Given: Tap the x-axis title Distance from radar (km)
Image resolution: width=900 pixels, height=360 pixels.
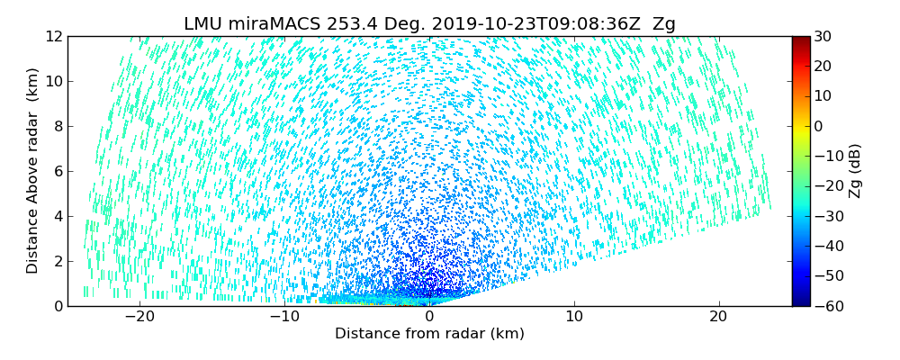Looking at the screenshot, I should tap(429, 334).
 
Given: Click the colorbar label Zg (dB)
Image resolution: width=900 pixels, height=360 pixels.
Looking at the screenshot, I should tap(855, 171).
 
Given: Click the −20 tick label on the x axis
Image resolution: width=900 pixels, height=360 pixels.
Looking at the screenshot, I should tap(139, 318).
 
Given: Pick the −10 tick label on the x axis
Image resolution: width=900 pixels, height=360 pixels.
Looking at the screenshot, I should tap(284, 318).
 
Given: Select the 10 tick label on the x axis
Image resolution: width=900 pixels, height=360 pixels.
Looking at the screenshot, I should tap(574, 318).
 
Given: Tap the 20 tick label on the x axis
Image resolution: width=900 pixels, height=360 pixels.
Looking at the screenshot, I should tap(718, 318).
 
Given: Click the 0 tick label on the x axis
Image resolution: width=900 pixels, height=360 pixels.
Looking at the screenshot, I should tap(429, 318).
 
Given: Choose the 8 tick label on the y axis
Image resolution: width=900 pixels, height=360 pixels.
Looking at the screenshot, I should tap(56, 127).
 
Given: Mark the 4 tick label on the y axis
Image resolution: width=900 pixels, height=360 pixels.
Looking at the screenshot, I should tap(56, 217).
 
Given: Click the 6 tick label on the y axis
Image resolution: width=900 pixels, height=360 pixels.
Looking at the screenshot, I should tap(56, 172).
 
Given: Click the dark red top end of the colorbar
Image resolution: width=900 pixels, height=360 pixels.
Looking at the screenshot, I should tap(800, 40).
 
